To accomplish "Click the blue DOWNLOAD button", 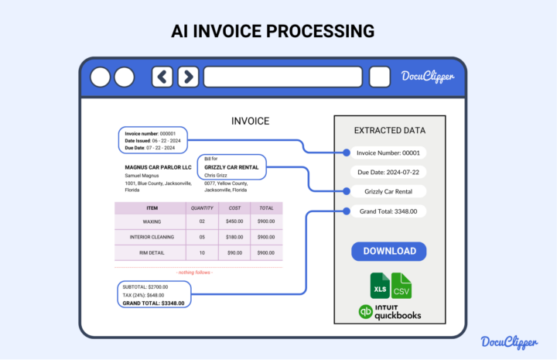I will tap(389, 251).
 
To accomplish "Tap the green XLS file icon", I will tap(379, 286).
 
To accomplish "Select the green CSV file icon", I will tap(402, 286).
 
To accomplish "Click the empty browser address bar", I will tap(282, 77).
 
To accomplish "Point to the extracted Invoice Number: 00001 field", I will tap(389, 153).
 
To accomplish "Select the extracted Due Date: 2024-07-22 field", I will tap(389, 172).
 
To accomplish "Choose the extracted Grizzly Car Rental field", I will tap(389, 191).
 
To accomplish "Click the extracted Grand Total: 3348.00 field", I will tap(389, 211).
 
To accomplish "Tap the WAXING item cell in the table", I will tap(151, 221).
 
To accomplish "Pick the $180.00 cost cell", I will tap(234, 237).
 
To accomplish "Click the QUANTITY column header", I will tap(202, 207).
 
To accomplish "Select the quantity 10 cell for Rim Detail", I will tap(202, 252).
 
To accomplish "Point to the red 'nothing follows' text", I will tap(195, 273).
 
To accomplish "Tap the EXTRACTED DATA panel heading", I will tap(389, 130).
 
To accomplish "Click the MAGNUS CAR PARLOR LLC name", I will tap(158, 167).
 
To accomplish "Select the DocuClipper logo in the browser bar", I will tap(427, 76).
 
